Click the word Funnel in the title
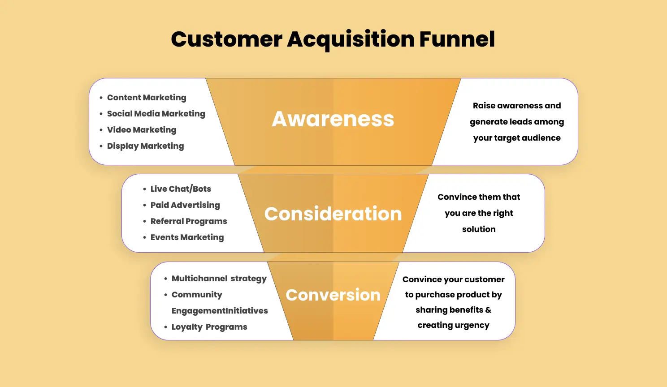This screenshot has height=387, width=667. point(457,39)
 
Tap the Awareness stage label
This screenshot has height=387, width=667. point(333,119)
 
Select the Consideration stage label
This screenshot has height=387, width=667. point(333,214)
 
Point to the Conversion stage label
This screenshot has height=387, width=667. point(333,295)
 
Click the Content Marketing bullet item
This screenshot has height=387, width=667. point(147,98)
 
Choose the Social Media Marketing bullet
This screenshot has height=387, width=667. point(156,114)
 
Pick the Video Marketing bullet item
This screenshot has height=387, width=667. point(142,130)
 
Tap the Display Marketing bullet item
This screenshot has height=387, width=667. point(145,146)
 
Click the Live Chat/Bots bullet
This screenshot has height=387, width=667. point(181,189)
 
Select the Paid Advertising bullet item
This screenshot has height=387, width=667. point(185,205)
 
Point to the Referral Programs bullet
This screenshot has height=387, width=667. point(189,221)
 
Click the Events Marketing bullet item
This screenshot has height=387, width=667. point(187,237)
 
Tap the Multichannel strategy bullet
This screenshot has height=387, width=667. point(219,279)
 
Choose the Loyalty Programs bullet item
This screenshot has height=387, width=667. point(209,327)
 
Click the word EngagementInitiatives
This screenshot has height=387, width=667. point(220,311)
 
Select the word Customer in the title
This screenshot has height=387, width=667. point(226,39)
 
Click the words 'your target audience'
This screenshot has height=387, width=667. point(517,138)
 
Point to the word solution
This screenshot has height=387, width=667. point(479,229)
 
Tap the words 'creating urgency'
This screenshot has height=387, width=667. point(453,325)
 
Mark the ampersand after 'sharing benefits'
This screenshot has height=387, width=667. point(488,310)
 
